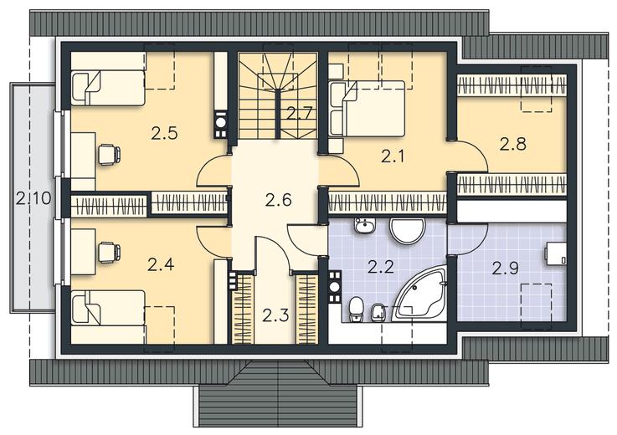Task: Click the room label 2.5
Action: (164, 134)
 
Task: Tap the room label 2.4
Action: (161, 264)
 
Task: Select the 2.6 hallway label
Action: (278, 200)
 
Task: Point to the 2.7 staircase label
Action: (299, 114)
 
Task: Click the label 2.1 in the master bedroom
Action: (393, 157)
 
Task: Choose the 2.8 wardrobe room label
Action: (513, 144)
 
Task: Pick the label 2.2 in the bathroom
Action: (381, 267)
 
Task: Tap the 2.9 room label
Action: (506, 269)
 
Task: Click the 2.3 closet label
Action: (275, 315)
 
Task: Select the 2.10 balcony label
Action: (33, 197)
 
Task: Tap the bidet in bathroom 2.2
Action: (374, 313)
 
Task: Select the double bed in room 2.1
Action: (367, 109)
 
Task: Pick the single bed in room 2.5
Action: (108, 88)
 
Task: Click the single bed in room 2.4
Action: (108, 308)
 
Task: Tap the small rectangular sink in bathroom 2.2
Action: (365, 226)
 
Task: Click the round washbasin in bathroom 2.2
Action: (407, 231)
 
